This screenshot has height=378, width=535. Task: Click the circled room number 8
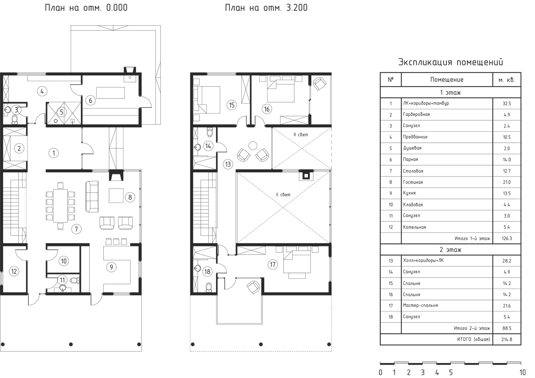pos(130,197)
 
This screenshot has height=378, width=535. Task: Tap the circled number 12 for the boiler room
pos(14,271)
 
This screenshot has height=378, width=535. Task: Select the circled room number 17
pos(273,264)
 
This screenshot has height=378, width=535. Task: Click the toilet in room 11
pos(75,280)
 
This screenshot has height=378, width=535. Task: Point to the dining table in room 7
pos(60,206)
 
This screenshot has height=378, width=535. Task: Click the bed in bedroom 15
pos(207,100)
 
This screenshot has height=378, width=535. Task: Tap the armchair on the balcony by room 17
pos(253,287)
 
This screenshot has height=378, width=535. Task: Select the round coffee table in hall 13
pos(253,145)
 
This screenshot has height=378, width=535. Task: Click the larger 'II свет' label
pos(283,195)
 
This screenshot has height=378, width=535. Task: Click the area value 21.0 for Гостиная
pos(507,182)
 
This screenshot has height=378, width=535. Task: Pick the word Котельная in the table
pos(414,227)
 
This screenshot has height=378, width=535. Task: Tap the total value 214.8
pos(507,340)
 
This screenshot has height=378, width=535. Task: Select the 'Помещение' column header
pos(447,80)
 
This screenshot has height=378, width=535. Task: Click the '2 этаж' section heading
pos(450,250)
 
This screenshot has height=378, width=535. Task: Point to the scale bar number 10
pos(523,373)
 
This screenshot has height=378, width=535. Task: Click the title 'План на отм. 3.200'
pos(266,8)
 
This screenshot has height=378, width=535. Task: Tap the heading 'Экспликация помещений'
pos(450,62)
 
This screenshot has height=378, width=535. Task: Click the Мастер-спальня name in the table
pos(421,305)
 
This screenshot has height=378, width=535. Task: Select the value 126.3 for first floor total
pos(507,238)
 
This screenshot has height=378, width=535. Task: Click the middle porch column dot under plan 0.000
pos(71,344)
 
